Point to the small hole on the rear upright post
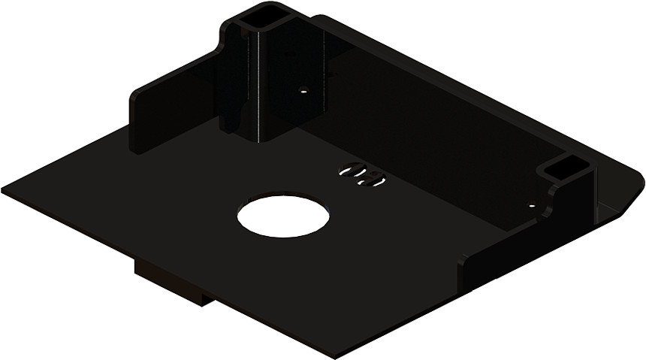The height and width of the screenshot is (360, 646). point(303,89)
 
